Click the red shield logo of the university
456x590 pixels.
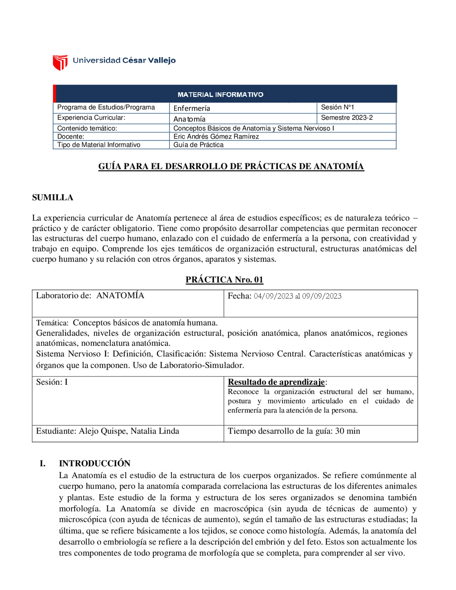pyautogui.click(x=60, y=62)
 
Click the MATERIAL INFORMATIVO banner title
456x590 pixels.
pyautogui.click(x=220, y=95)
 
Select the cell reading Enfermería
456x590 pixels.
pyautogui.click(x=192, y=108)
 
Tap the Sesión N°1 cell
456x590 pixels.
pyautogui.click(x=337, y=107)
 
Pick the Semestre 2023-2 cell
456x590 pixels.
pyautogui.click(x=347, y=118)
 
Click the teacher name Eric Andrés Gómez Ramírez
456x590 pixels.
pyautogui.click(x=216, y=136)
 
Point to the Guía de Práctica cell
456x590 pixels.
pyautogui.click(x=198, y=145)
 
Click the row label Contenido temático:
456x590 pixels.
pyautogui.click(x=87, y=128)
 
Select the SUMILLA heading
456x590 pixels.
pyautogui.click(x=53, y=197)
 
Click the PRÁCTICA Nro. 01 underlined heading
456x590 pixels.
pyautogui.click(x=224, y=280)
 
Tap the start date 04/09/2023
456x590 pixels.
pyautogui.click(x=273, y=296)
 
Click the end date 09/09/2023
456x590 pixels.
pyautogui.click(x=322, y=296)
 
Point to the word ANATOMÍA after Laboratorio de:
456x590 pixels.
pyautogui.click(x=120, y=295)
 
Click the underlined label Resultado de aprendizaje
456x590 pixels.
pyautogui.click(x=276, y=382)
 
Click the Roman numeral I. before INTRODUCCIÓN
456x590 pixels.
pyautogui.click(x=42, y=463)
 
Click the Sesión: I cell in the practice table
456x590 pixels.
pyautogui.click(x=52, y=382)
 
